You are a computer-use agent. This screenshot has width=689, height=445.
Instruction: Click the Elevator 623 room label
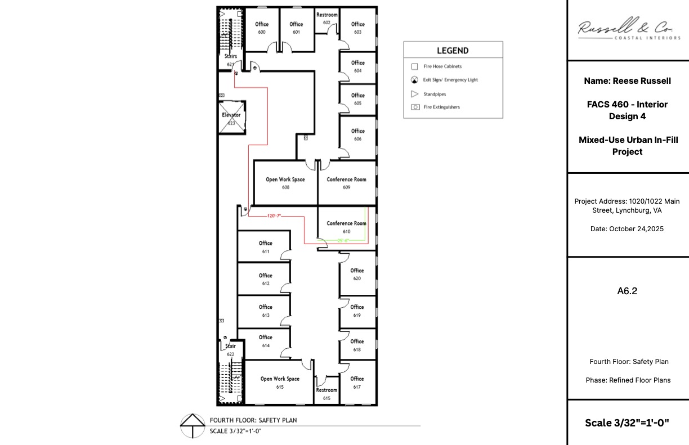231,119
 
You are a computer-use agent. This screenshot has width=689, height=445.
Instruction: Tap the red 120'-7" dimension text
274,215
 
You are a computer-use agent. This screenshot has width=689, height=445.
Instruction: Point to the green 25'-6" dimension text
343,240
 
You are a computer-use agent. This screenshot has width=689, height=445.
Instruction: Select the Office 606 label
357,134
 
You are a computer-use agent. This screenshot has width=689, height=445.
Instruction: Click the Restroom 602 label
326,18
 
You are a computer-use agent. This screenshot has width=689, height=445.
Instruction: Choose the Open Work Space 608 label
285,183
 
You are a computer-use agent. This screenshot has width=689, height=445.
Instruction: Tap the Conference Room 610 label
346,227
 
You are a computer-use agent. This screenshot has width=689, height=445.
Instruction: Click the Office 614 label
266,341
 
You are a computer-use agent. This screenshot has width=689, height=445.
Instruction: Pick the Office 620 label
357,274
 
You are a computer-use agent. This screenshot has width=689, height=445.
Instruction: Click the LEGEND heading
453,51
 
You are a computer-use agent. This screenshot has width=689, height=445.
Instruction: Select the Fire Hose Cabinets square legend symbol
415,66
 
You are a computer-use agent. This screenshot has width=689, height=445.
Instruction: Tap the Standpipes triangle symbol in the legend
415,94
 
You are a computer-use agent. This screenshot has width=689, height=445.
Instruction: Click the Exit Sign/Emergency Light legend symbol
415,80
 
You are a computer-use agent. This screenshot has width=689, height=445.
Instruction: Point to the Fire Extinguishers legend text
442,107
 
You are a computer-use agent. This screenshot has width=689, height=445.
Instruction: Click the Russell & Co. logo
628,28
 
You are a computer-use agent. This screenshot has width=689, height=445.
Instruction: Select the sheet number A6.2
627,291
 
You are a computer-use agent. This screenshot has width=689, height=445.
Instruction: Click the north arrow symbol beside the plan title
193,426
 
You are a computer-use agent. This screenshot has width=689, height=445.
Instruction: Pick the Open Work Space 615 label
280,383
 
